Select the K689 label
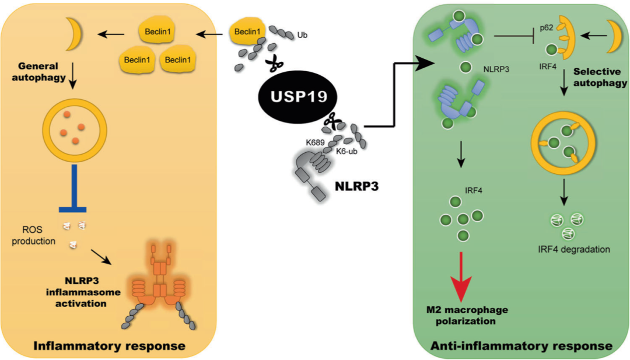point(317,141)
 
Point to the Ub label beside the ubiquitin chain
point(303,36)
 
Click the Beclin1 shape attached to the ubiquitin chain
point(249,33)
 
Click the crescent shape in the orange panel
point(75,34)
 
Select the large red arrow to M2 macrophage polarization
point(461,274)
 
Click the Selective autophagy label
point(600,78)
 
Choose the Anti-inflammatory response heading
point(521,345)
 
